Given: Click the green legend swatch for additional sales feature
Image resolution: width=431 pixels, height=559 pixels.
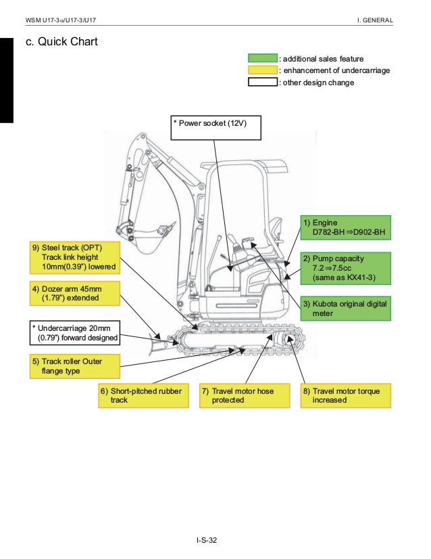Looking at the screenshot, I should pyautogui.click(x=263, y=59).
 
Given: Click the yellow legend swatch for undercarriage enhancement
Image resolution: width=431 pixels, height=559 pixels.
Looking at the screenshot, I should pyautogui.click(x=263, y=70).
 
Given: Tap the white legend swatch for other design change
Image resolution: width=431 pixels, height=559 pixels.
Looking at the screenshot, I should pyautogui.click(x=263, y=83).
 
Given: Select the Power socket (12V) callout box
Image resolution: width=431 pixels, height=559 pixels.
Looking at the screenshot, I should pyautogui.click(x=215, y=127).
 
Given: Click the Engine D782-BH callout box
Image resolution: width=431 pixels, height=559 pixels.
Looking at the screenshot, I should pyautogui.click(x=346, y=228).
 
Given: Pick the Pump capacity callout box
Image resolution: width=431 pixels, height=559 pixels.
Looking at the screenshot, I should pyautogui.click(x=346, y=268).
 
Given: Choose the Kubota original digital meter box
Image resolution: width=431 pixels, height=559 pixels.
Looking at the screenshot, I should pyautogui.click(x=346, y=308).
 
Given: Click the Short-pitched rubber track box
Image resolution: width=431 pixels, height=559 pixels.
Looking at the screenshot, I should pyautogui.click(x=144, y=396).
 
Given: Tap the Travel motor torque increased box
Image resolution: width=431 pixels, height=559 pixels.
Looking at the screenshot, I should pyautogui.click(x=346, y=396).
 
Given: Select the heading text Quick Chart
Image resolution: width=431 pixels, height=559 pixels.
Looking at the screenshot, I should pyautogui.click(x=61, y=42).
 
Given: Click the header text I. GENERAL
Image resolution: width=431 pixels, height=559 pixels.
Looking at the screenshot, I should pyautogui.click(x=375, y=20).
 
